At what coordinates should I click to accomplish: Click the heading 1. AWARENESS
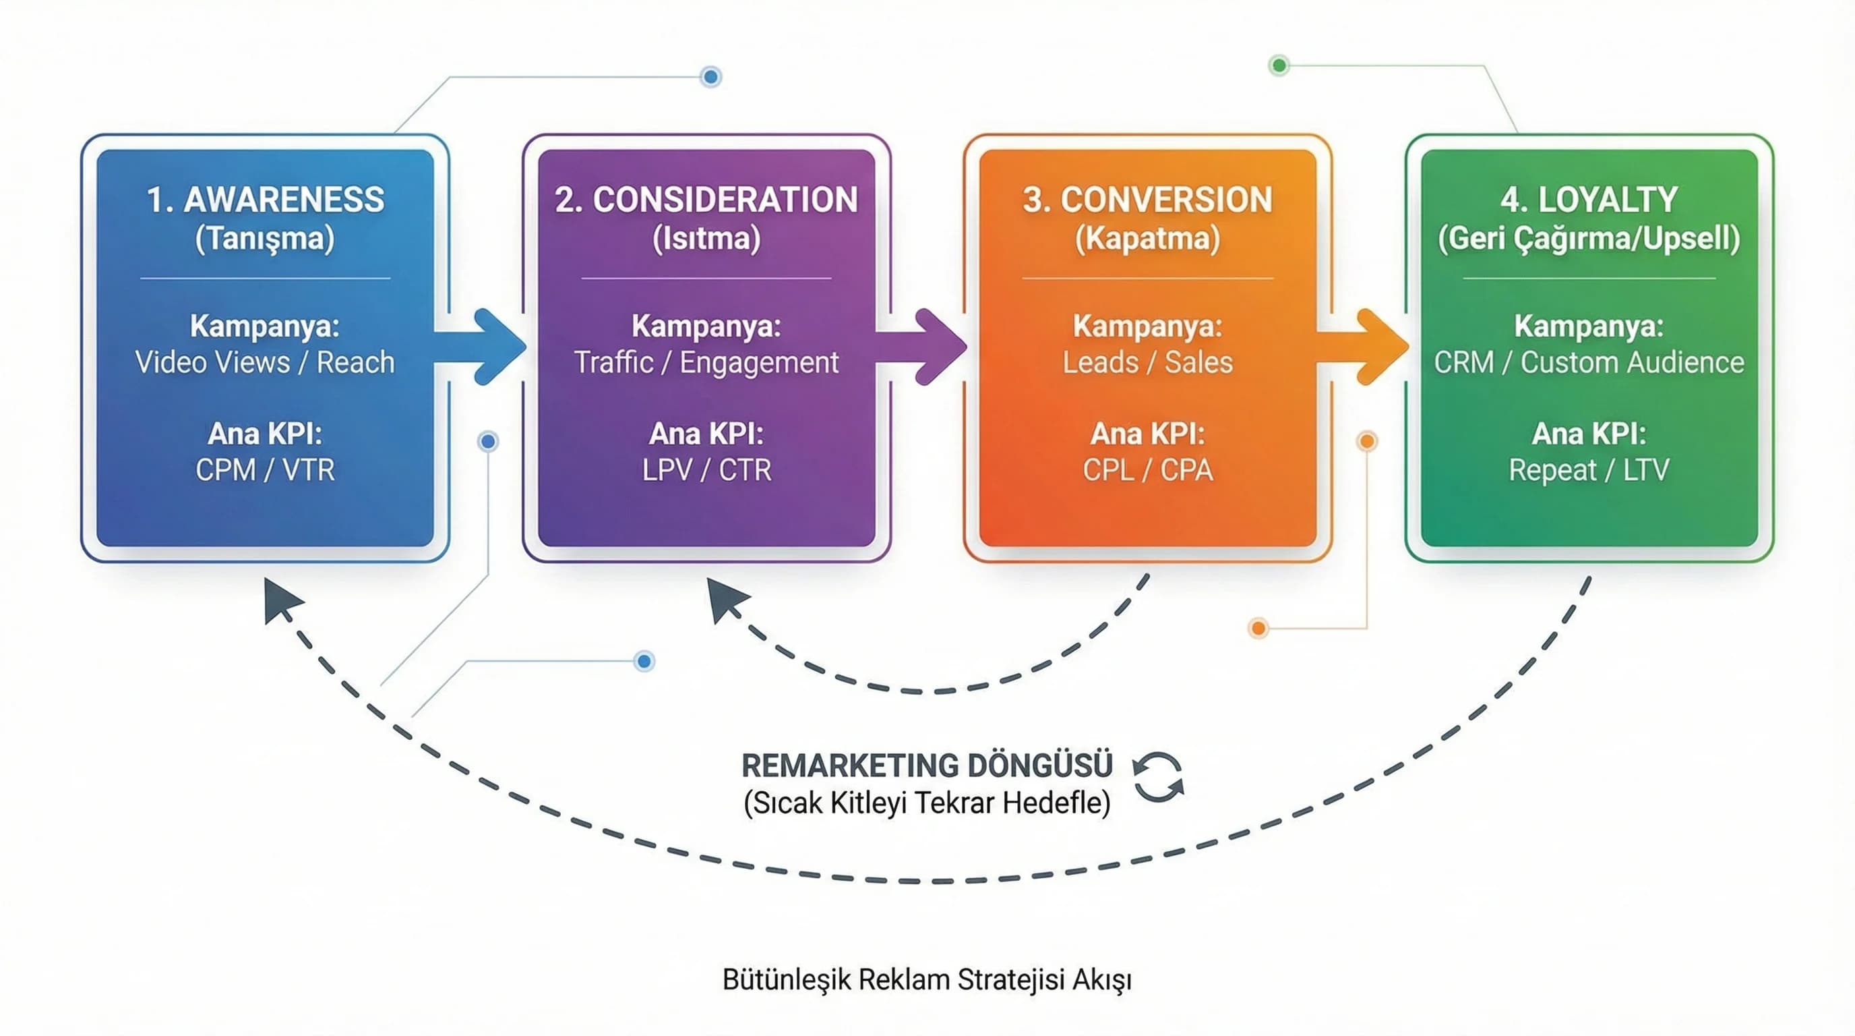[x=265, y=200]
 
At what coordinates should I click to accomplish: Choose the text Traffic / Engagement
[x=706, y=362]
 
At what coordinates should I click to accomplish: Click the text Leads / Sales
[x=1148, y=362]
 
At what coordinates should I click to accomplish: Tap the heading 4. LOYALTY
[x=1589, y=200]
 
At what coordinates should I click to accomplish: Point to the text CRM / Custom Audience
[x=1589, y=362]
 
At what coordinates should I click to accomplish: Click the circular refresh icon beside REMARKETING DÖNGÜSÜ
[x=1158, y=778]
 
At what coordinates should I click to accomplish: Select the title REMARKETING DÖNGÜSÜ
[x=927, y=765]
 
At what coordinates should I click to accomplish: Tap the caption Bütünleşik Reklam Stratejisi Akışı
[x=927, y=980]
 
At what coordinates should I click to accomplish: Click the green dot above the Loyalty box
[x=1279, y=65]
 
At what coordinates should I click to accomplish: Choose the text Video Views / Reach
[x=265, y=362]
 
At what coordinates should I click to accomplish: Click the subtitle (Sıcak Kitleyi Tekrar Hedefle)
[x=927, y=803]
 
